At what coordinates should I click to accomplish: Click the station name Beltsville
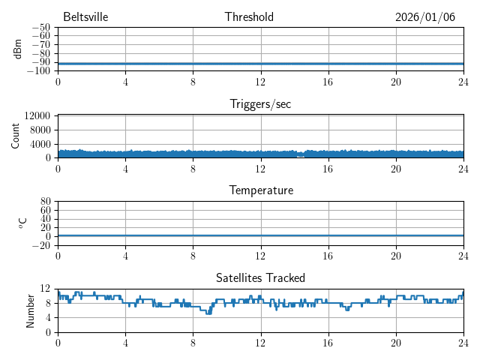85,17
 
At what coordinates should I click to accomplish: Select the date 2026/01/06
425,17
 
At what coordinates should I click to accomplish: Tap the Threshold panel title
249,17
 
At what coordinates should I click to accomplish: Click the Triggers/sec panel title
260,104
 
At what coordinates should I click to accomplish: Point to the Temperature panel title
260,190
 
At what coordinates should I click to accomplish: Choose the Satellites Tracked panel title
260,277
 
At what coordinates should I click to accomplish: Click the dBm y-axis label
17,49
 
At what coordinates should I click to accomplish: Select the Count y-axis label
16,136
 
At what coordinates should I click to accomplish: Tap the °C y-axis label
22,223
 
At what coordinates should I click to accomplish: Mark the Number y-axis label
31,310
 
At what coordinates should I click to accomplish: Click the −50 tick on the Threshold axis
42,28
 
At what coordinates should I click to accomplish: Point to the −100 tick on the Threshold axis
40,71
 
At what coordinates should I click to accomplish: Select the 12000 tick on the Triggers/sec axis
37,115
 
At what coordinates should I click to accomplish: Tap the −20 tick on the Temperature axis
42,245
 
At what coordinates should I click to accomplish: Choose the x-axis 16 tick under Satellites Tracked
328,342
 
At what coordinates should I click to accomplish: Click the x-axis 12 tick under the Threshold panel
260,81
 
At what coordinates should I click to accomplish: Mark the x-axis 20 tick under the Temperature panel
395,255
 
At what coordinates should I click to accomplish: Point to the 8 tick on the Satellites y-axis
49,303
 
